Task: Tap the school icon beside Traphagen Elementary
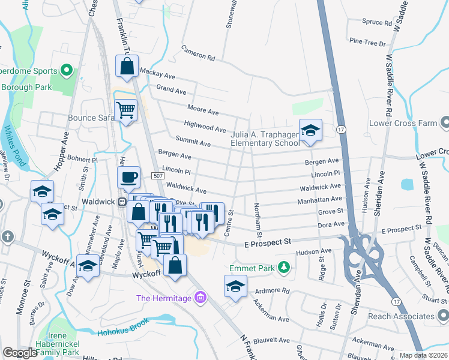point(310,130)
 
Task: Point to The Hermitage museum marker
point(201,298)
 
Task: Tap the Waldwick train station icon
point(122,202)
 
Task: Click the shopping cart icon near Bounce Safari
point(126,110)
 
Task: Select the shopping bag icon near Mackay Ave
point(127,67)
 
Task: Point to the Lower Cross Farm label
point(411,123)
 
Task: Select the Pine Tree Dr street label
point(367,43)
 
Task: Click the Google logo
point(20,352)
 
